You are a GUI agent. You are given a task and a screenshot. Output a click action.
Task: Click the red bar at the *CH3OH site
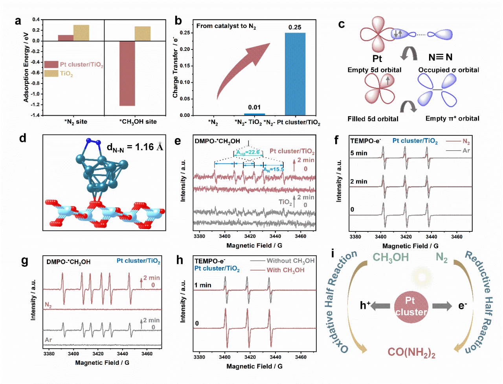point(127,73)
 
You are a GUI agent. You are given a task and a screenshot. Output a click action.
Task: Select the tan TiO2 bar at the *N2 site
point(81,33)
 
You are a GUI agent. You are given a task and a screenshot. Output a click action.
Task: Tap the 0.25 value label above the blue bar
point(295,27)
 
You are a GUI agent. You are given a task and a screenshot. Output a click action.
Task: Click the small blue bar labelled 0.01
point(254,115)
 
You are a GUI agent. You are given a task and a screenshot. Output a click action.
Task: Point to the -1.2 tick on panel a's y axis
point(35,105)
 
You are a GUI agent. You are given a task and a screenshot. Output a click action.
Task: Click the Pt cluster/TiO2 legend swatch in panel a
point(51,64)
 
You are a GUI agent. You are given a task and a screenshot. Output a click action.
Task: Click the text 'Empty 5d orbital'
point(374,70)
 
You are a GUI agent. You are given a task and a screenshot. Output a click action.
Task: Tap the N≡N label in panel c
point(440,57)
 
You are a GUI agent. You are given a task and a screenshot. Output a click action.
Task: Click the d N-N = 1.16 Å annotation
point(135,147)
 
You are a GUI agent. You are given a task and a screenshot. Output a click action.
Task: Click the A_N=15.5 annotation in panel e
point(274,169)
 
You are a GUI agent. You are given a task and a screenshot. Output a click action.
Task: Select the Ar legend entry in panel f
point(466,151)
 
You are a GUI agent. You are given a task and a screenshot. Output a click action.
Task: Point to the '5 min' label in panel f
point(359,153)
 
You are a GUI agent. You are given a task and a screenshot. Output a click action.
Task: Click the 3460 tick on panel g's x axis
point(147,353)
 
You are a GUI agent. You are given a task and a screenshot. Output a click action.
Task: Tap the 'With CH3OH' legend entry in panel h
point(285,270)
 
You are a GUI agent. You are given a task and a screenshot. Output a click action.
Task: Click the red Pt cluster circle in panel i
point(411,307)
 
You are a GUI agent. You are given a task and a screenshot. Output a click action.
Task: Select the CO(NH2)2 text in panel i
point(411,353)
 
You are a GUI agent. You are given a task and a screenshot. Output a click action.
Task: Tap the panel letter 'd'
point(23,138)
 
